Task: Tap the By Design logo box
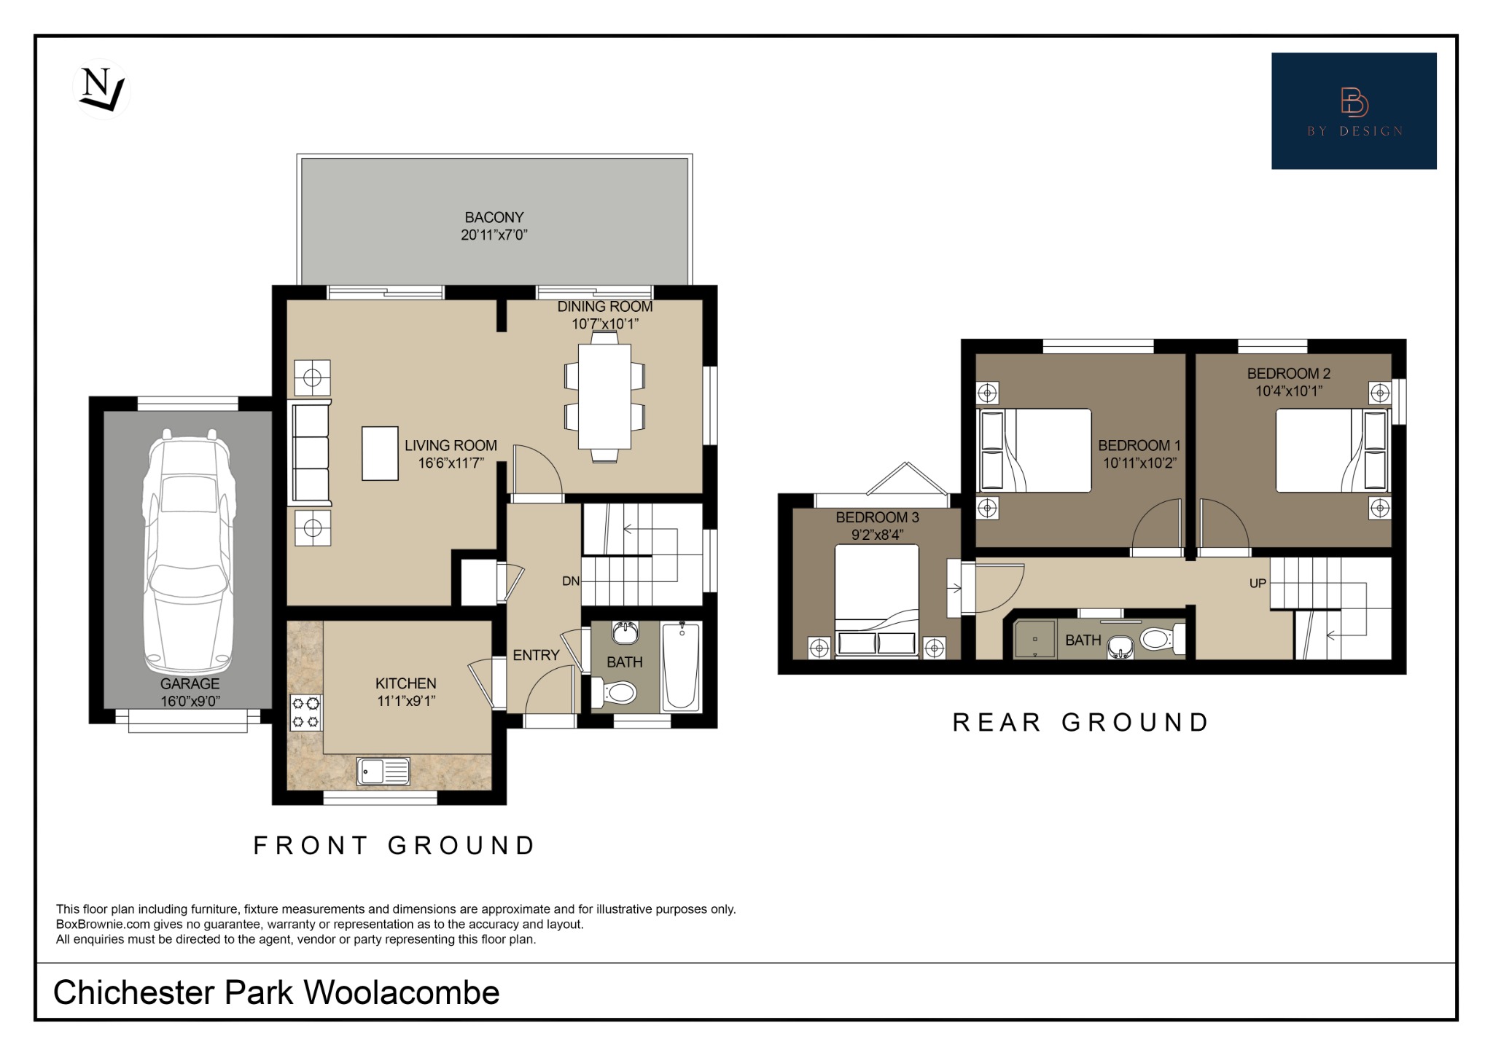[x=1353, y=111]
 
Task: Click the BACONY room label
[x=494, y=217]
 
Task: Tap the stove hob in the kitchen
[x=306, y=713]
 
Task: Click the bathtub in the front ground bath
[x=681, y=666]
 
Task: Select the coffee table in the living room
[x=380, y=453]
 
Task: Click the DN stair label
[x=571, y=581]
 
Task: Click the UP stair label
[x=1258, y=584]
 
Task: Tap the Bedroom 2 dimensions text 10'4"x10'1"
[x=1288, y=391]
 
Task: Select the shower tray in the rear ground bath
[x=1034, y=639]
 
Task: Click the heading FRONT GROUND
[x=394, y=845]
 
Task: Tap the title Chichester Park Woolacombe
[x=276, y=992]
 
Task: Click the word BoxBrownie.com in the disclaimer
[x=103, y=925]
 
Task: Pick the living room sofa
[x=311, y=452]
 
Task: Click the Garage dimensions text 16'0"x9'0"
[x=190, y=701]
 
